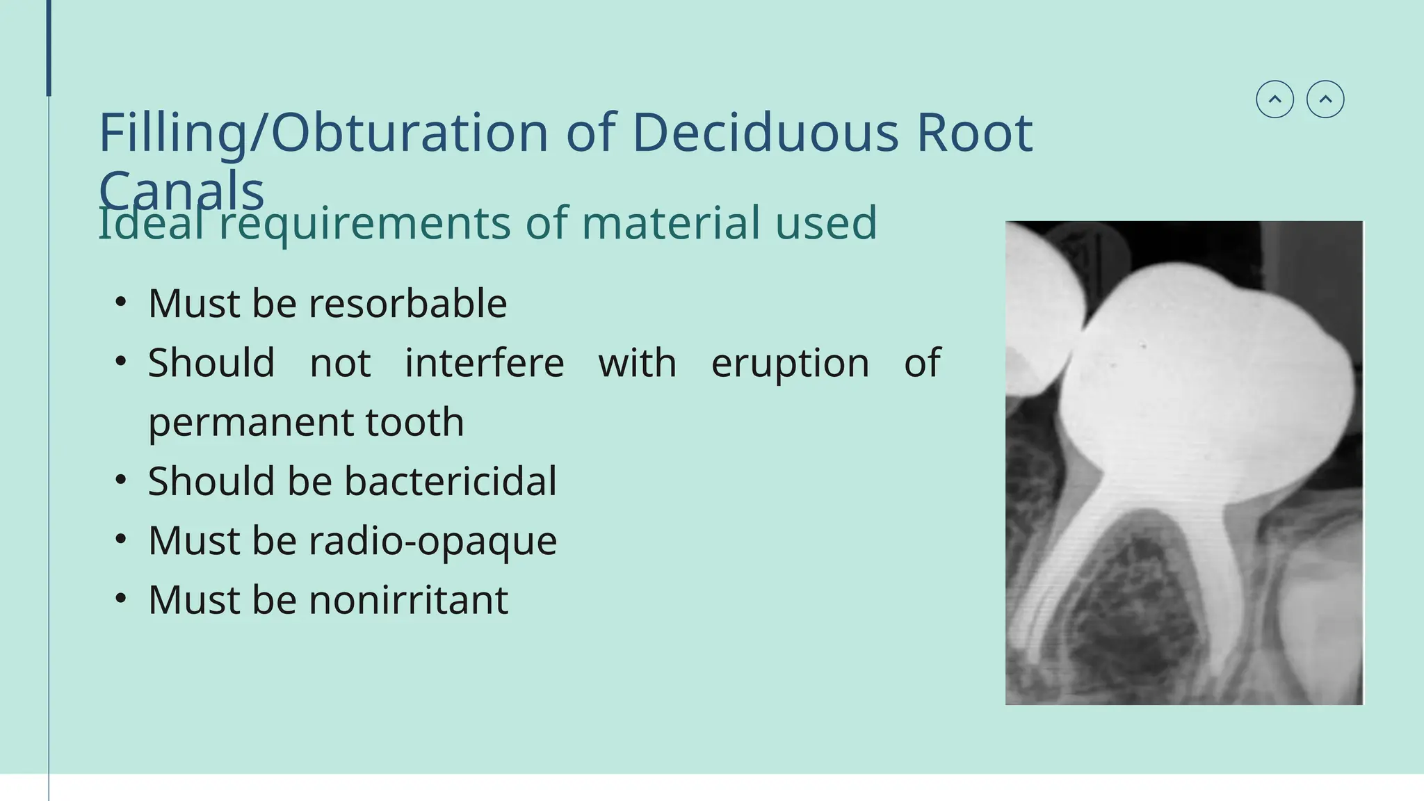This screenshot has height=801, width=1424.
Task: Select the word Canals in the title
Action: pos(181,189)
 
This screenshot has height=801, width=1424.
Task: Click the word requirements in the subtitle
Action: pos(365,224)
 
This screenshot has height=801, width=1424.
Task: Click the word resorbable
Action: pos(407,304)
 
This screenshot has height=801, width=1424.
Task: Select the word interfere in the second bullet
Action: pos(485,363)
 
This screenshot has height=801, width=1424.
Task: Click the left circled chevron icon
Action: pos(1275,99)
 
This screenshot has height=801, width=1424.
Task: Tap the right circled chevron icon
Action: pos(1325,99)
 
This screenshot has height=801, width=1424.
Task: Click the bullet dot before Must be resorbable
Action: pos(121,302)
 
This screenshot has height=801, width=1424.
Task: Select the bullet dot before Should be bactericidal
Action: pos(121,480)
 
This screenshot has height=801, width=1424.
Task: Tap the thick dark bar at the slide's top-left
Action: pos(49,47)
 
